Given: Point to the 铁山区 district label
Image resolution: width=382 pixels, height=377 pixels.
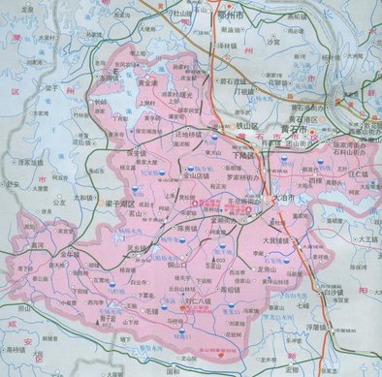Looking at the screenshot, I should click(226, 125).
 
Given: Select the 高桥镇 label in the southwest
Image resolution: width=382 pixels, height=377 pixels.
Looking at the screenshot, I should click(16, 348).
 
